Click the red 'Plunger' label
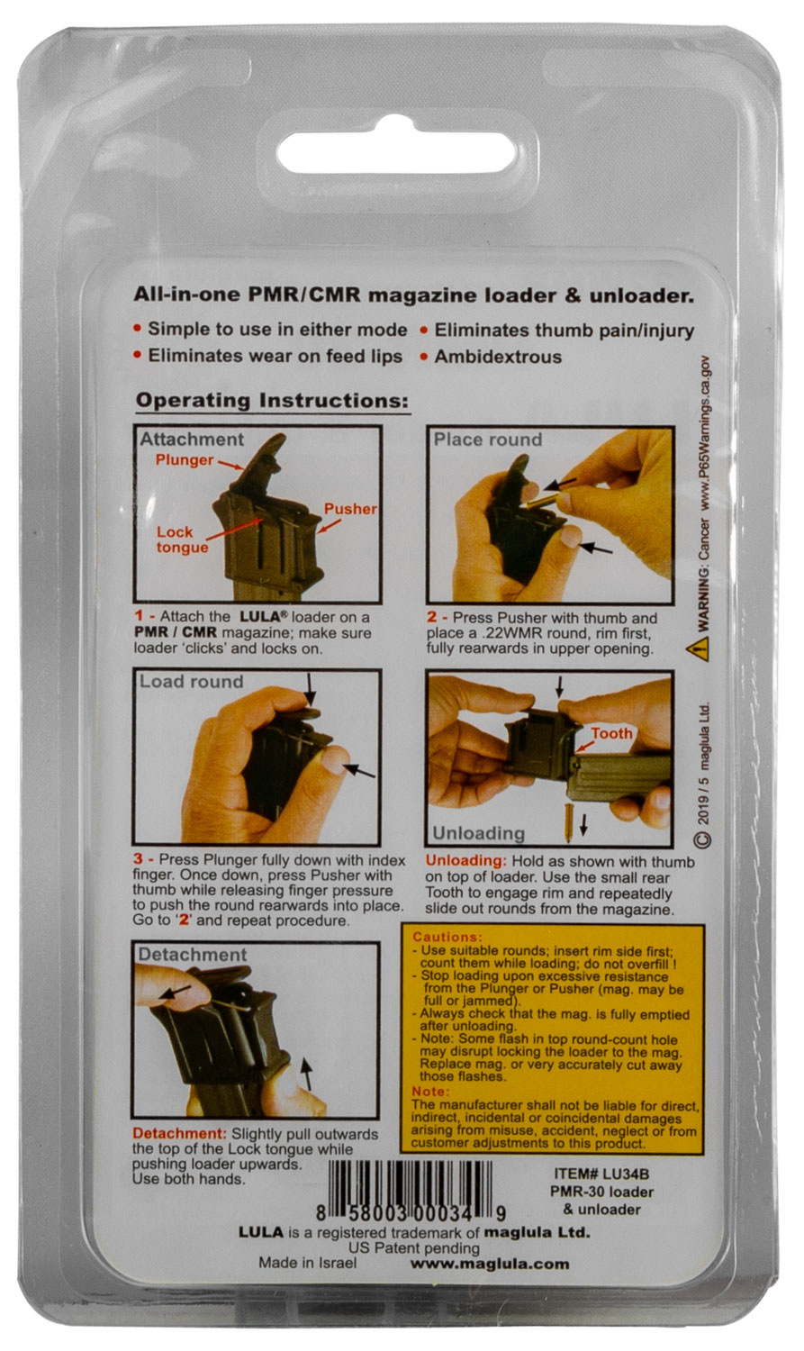click(x=185, y=460)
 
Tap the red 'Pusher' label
click(x=350, y=509)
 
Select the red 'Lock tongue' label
click(x=182, y=539)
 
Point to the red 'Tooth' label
click(x=611, y=733)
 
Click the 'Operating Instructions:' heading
click(x=273, y=401)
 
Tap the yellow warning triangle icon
click(x=698, y=649)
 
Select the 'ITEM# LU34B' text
click(x=601, y=1174)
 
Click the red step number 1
click(x=140, y=616)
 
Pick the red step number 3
click(x=139, y=859)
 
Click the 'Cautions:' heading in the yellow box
click(x=447, y=938)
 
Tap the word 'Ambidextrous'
click(x=498, y=357)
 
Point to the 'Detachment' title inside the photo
click(x=193, y=955)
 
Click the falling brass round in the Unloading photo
click(x=568, y=823)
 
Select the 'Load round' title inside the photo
click(x=191, y=682)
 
